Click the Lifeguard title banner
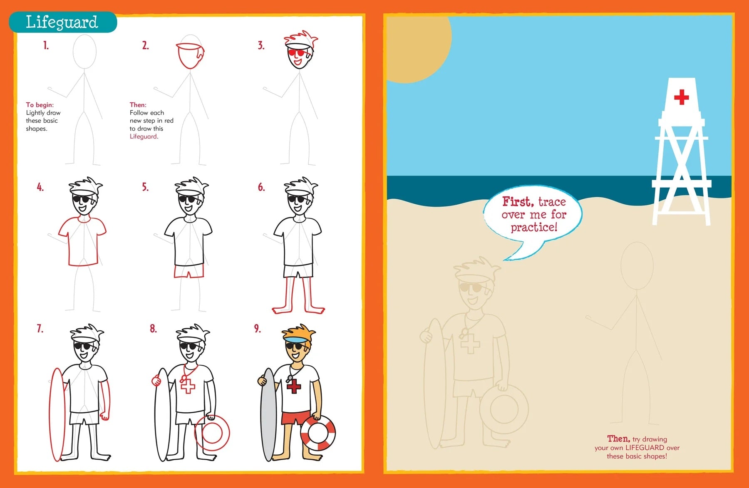coord(62,22)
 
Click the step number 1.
coord(46,45)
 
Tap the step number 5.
coord(145,187)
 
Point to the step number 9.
coord(258,329)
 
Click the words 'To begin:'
coord(40,105)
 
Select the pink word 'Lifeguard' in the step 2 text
coord(143,136)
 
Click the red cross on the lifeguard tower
coord(681,97)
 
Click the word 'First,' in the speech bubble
coord(518,202)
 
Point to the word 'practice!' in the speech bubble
coord(534,227)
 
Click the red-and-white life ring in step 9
coord(318,433)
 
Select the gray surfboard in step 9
coord(268,414)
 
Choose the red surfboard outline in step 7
coord(57,414)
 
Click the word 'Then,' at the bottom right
coord(618,438)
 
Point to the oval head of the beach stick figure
coord(637,265)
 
